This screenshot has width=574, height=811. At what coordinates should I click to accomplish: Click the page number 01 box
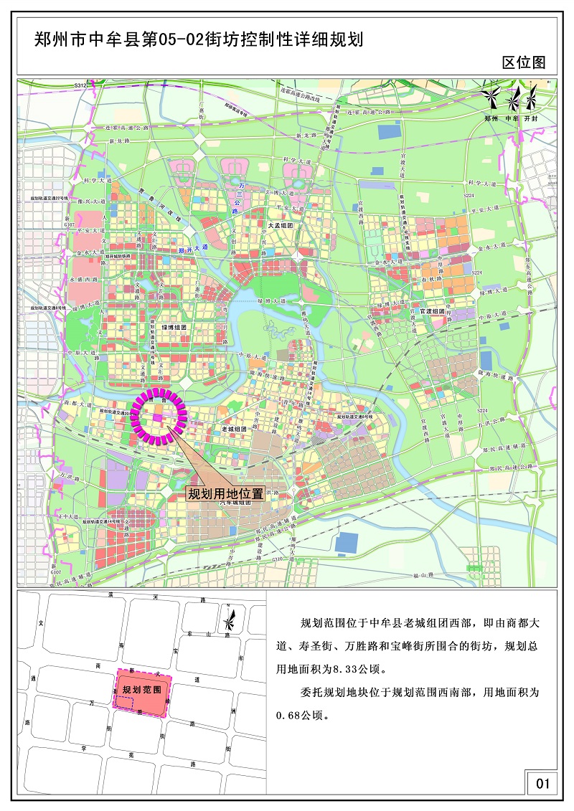[x=542, y=784]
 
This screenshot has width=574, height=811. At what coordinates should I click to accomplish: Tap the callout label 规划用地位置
[x=225, y=493]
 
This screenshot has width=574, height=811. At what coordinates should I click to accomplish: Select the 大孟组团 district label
[x=281, y=225]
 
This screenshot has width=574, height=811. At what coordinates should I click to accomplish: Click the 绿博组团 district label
[x=174, y=327]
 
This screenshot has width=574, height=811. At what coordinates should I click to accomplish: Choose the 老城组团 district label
[x=234, y=428]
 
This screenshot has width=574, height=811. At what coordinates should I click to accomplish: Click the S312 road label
[x=80, y=85]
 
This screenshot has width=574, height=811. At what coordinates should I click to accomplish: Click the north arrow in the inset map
[x=229, y=618]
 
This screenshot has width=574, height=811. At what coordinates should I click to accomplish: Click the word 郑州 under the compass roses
[x=491, y=117]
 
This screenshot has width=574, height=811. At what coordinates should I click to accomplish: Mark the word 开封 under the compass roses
[x=531, y=117]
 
